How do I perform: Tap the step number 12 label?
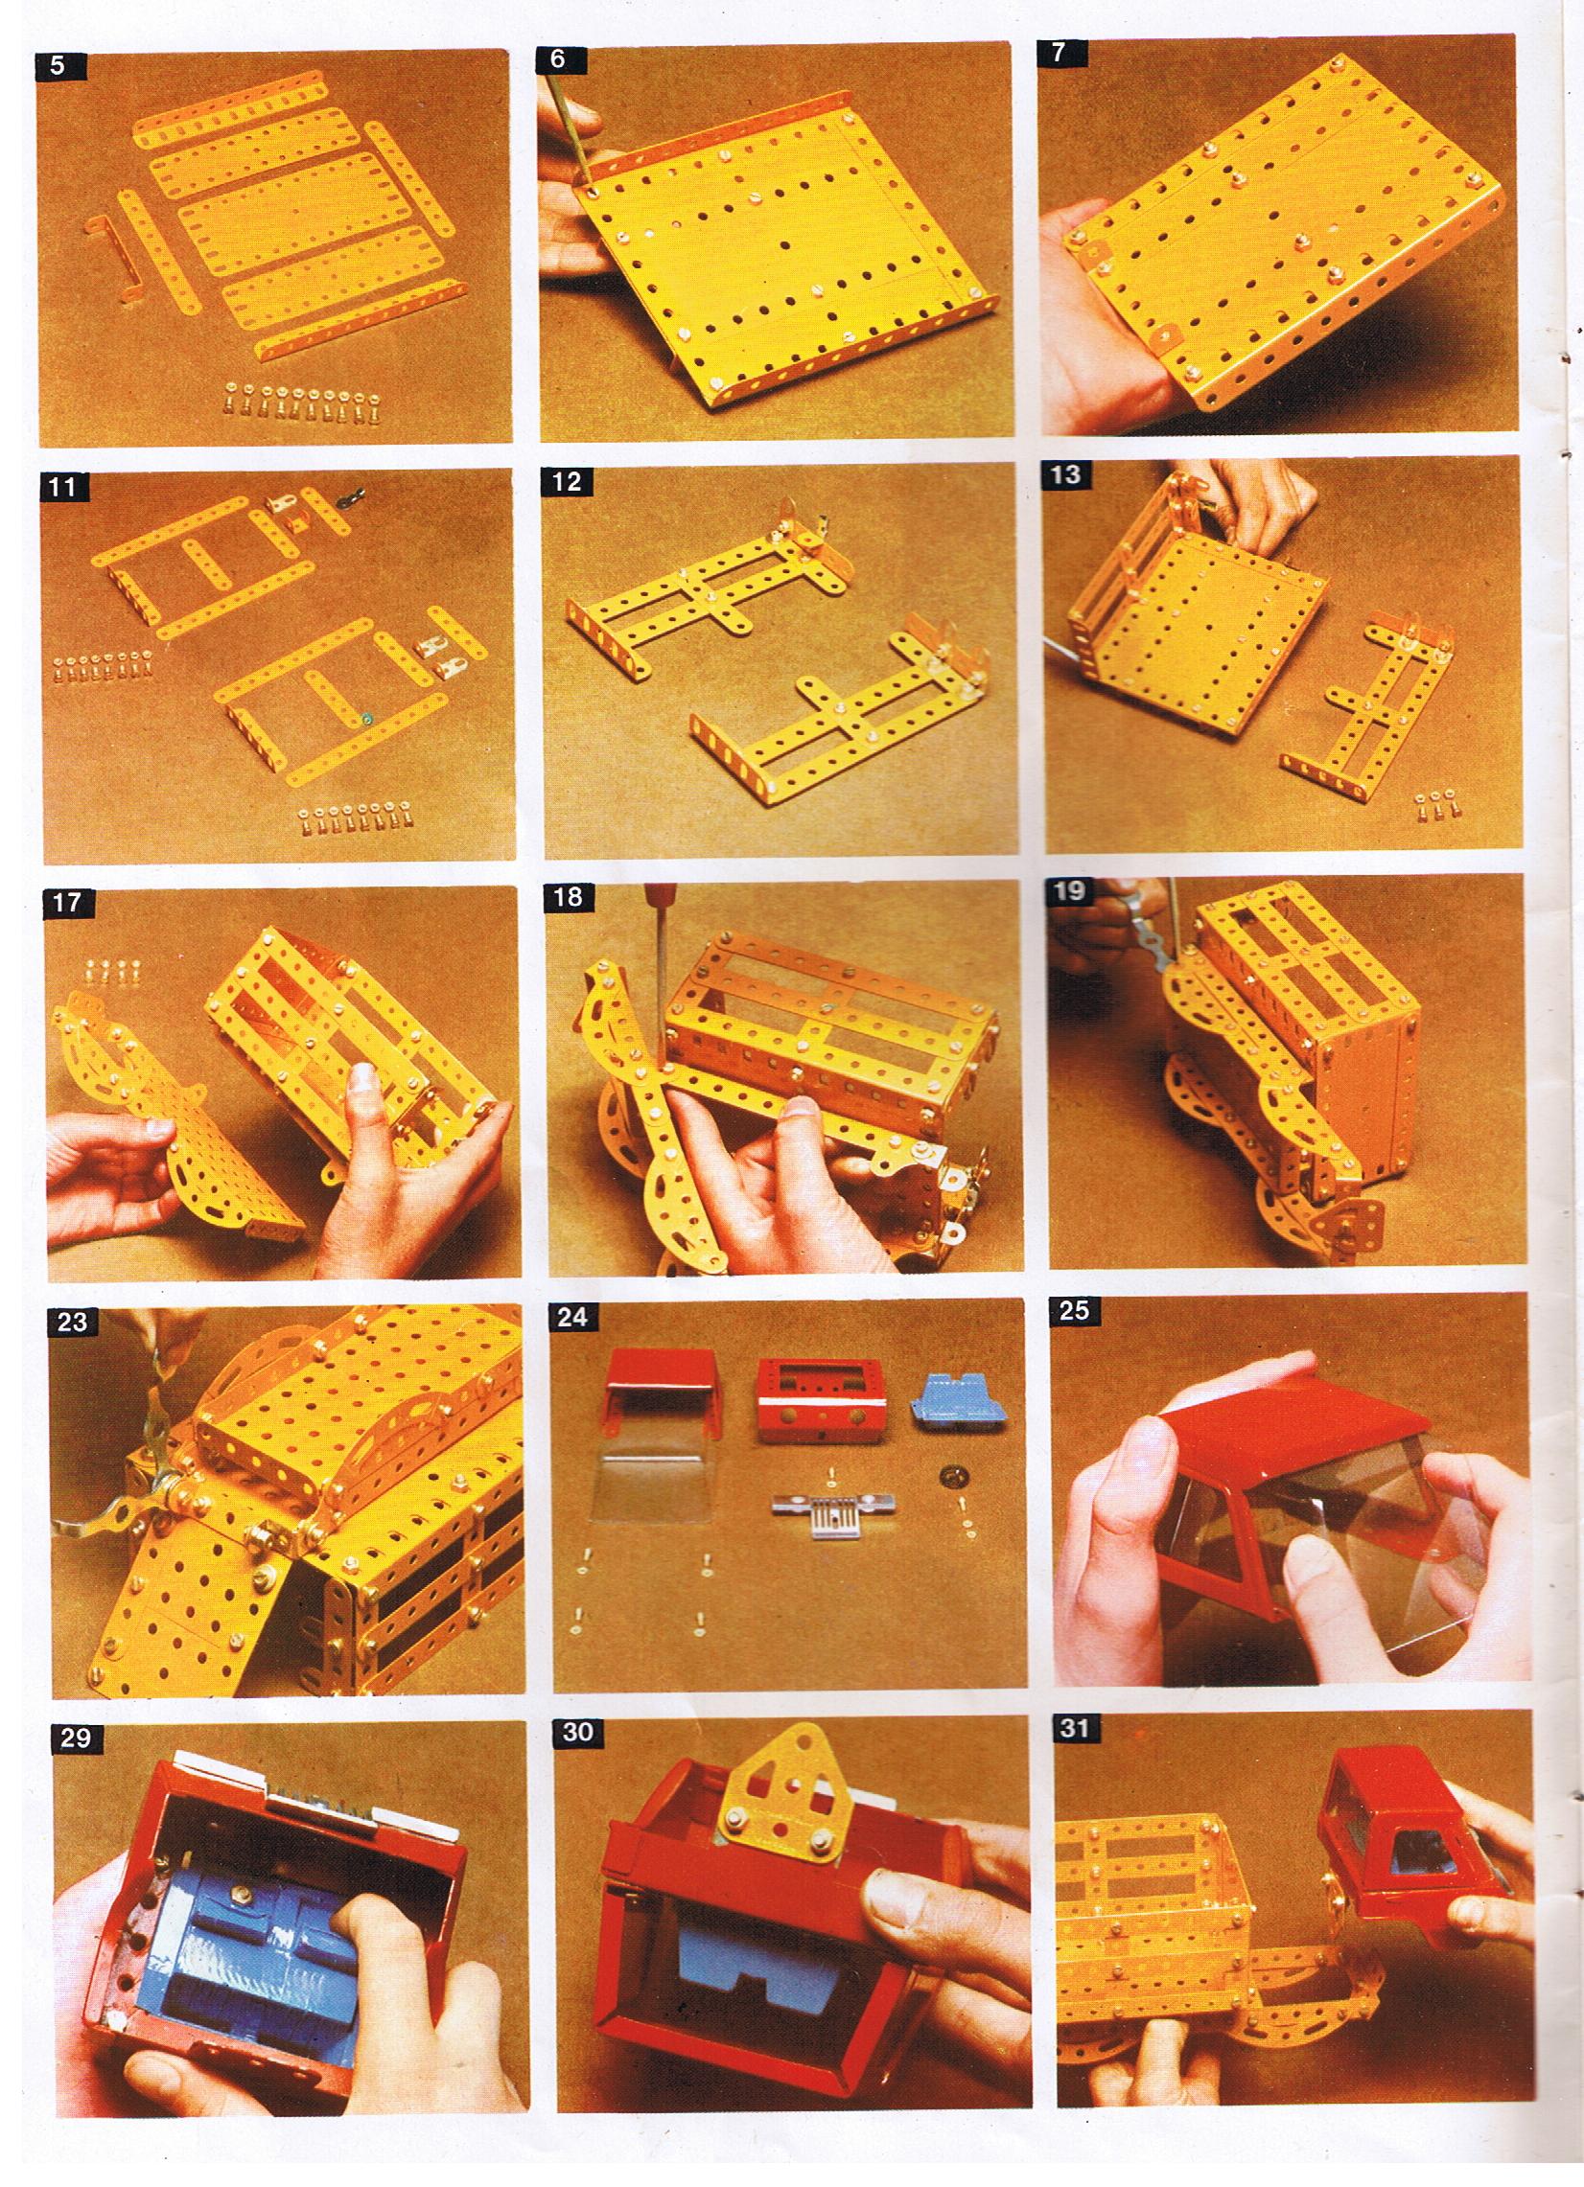[x=568, y=481]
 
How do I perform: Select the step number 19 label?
[x=1071, y=892]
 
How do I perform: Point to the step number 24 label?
[x=574, y=1317]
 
